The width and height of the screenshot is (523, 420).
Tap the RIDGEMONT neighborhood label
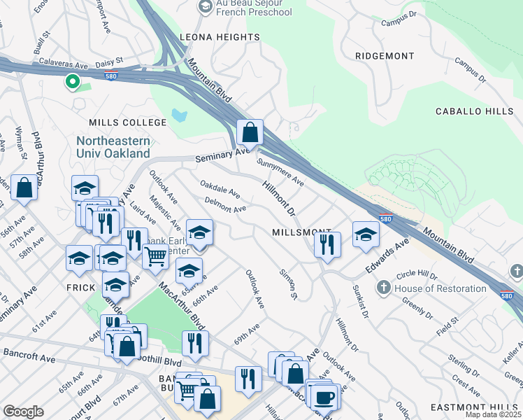pyautogui.click(x=385, y=55)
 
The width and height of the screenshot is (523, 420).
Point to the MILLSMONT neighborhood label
pyautogui.click(x=301, y=232)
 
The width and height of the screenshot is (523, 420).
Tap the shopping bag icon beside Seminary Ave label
pyautogui.click(x=250, y=131)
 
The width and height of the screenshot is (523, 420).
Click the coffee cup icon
pyautogui.click(x=323, y=397)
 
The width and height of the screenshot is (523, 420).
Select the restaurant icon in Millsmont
pyautogui.click(x=327, y=244)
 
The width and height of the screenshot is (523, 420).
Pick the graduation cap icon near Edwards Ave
pyautogui.click(x=365, y=234)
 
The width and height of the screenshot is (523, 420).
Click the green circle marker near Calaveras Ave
pyautogui.click(x=72, y=83)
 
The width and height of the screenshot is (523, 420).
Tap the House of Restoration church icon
pyautogui.click(x=383, y=288)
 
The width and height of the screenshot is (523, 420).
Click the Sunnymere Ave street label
pyautogui.click(x=280, y=171)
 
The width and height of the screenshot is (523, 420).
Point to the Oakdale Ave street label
pyautogui.click(x=220, y=189)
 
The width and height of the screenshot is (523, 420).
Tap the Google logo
pyautogui.click(x=23, y=412)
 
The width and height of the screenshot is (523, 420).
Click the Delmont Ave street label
pyautogui.click(x=225, y=204)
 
